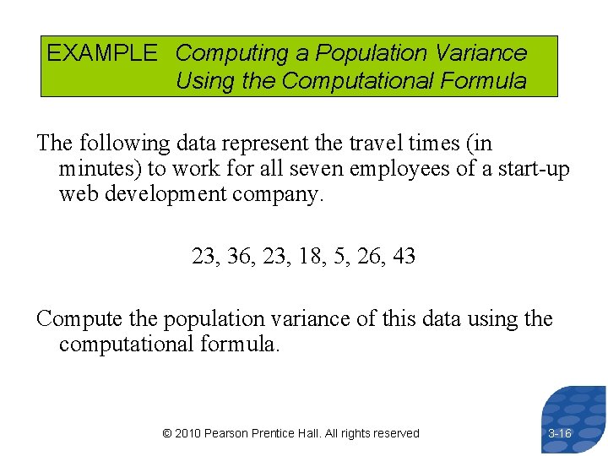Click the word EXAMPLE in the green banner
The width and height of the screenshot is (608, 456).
pos(101,53)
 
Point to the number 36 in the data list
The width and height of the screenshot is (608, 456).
pos(240,256)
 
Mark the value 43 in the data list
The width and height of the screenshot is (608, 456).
pos(404,256)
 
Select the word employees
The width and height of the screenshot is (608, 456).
pos(384,169)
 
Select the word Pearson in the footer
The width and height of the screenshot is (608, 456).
pos(228,433)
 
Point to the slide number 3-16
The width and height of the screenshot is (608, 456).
pos(560,433)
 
